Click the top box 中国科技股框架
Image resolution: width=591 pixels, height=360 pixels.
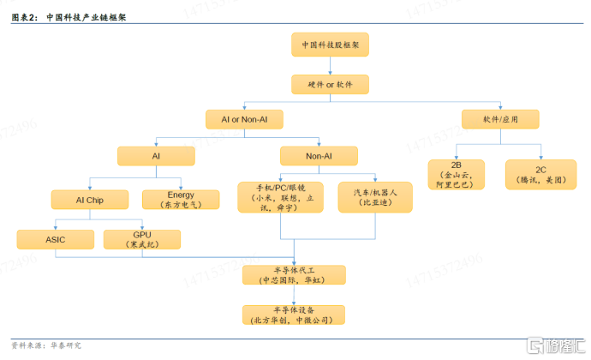click(330, 45)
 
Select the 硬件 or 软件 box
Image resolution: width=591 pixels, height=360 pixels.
click(330, 85)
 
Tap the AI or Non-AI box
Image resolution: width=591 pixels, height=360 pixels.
click(244, 119)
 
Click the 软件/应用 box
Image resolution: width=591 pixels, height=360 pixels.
click(500, 119)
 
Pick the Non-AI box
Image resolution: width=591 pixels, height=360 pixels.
click(319, 156)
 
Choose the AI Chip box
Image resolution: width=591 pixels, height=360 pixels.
click(90, 200)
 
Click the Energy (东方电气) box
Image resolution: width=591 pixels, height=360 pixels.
click(181, 200)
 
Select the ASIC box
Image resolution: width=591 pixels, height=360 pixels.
click(56, 239)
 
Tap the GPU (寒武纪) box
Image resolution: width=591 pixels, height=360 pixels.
click(142, 239)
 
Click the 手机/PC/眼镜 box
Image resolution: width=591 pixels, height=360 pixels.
click(280, 197)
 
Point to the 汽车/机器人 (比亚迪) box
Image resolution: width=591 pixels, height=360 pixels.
click(375, 197)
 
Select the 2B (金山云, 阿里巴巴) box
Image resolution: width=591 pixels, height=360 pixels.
click(456, 174)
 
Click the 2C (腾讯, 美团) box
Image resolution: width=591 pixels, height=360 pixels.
click(540, 174)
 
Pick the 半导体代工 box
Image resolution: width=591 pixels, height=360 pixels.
click(294, 275)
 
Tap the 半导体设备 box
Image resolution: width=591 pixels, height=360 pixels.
click(294, 315)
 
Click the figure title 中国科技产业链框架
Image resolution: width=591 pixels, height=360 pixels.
click(87, 17)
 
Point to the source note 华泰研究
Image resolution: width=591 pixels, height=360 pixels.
click(66, 345)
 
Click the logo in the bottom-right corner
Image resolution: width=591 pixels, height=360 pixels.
click(556, 345)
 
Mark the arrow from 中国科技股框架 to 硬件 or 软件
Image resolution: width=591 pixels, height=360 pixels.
click(330, 66)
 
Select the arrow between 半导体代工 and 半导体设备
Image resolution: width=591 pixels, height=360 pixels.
click(294, 295)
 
